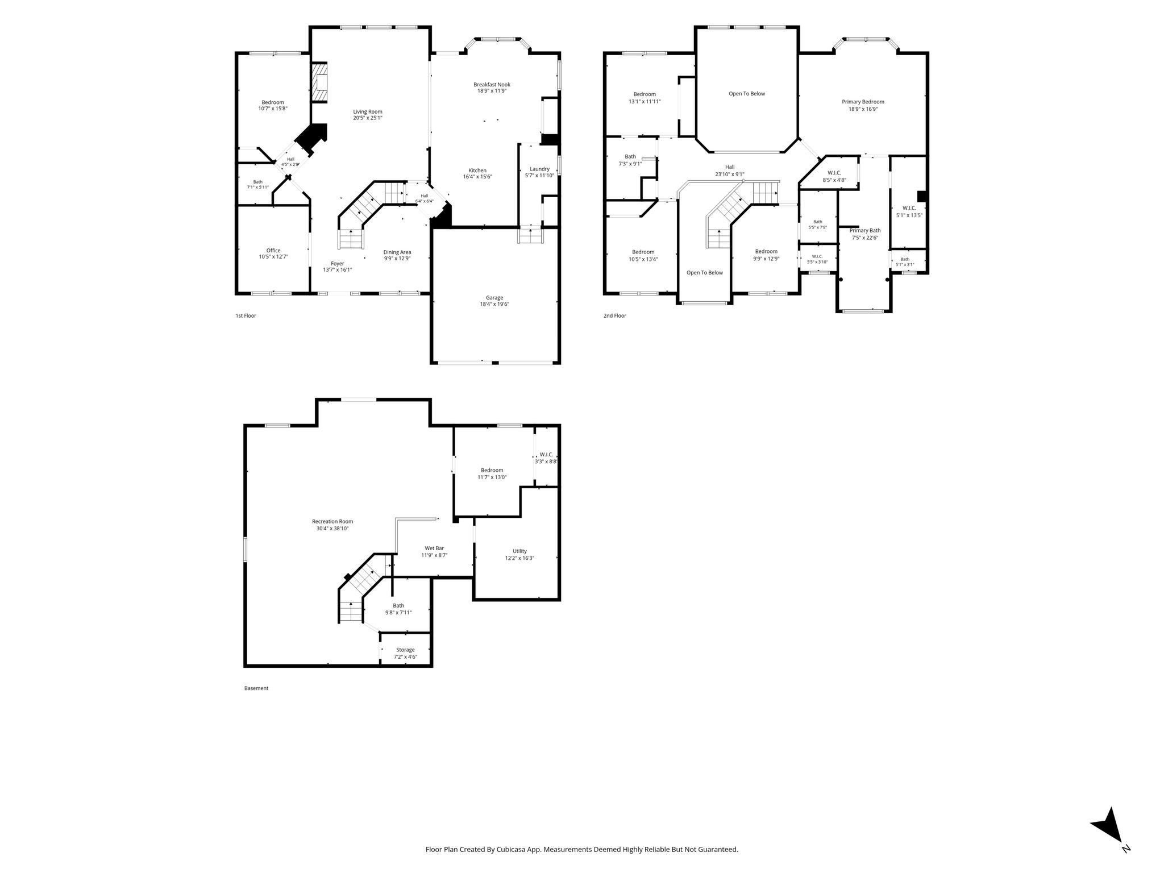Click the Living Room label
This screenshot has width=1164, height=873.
(368, 111)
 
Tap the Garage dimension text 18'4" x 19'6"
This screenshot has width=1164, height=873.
(494, 304)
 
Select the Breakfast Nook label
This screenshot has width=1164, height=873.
(492, 84)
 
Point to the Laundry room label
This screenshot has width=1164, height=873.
(539, 169)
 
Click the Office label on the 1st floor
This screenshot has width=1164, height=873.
(273, 250)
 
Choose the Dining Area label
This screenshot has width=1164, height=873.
(397, 252)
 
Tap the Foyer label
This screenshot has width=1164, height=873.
(338, 263)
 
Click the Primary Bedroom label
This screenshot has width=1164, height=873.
(863, 102)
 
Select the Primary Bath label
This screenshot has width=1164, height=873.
(865, 230)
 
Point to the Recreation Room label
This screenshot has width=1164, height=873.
(332, 521)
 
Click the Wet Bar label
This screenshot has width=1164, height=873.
(434, 548)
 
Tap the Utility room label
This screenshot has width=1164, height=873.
(519, 551)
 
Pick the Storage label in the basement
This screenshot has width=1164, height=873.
(405, 650)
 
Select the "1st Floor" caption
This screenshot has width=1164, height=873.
(246, 315)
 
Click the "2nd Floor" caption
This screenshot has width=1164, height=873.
(615, 315)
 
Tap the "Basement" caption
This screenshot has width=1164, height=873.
(256, 688)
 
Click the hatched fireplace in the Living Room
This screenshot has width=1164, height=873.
(320, 82)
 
